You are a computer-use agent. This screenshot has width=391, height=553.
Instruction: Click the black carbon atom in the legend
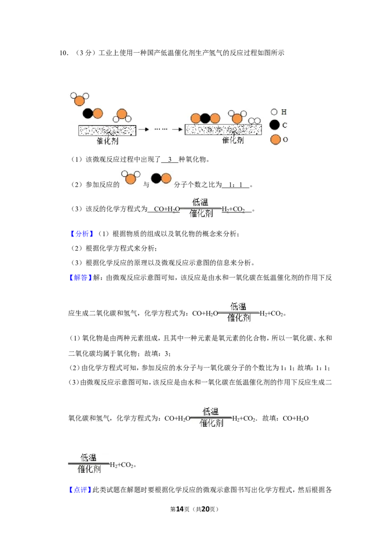click(275, 125)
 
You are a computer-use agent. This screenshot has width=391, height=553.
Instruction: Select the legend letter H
click(284, 112)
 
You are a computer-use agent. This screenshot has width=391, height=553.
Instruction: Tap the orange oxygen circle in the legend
click(275, 140)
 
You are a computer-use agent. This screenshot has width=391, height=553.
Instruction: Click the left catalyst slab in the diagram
click(107, 130)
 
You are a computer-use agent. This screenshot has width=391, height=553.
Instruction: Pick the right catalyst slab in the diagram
click(223, 129)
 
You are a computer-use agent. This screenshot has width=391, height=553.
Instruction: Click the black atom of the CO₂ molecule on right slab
click(205, 118)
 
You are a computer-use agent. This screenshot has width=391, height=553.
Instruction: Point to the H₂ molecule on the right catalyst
click(254, 121)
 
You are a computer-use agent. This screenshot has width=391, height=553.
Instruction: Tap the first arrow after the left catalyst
click(144, 129)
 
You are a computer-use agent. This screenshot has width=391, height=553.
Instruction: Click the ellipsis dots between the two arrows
click(161, 129)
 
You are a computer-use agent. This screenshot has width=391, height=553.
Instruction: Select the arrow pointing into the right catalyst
click(177, 129)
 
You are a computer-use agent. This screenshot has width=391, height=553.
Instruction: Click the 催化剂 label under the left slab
click(108, 141)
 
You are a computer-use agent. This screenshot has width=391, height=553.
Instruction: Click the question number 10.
click(64, 53)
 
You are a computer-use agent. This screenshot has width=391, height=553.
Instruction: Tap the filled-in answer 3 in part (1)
click(170, 159)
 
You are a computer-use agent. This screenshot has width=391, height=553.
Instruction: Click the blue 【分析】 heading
click(82, 234)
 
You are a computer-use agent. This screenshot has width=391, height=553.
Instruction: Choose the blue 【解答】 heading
click(81, 277)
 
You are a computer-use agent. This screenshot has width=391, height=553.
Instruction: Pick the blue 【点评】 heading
click(80, 489)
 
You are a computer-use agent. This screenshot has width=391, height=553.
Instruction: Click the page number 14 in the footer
click(180, 509)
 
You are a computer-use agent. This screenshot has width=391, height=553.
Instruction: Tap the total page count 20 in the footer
click(205, 509)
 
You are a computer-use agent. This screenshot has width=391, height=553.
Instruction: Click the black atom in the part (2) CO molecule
click(156, 178)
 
